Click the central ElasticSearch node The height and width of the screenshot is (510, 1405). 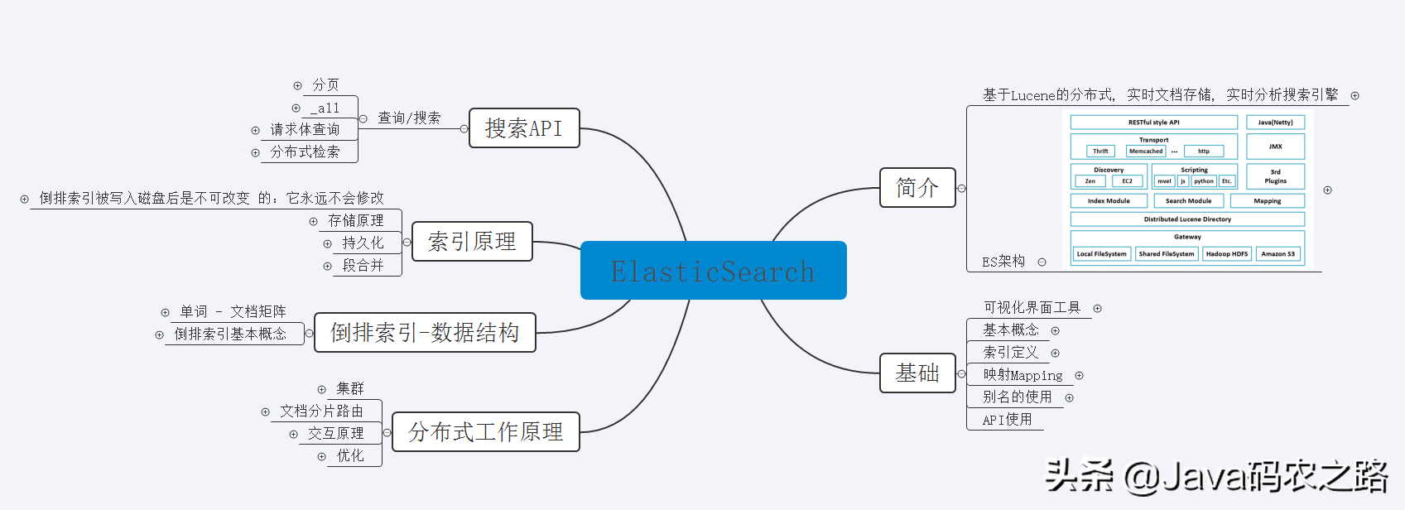[713, 271]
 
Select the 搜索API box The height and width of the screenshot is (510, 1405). [524, 128]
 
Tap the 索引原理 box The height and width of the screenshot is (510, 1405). [472, 242]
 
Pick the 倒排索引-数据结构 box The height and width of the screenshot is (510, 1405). [425, 333]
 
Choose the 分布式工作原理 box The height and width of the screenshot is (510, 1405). [485, 432]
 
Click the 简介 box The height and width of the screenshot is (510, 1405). [917, 188]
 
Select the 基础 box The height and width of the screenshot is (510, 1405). [917, 373]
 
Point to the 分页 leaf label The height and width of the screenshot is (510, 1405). [325, 85]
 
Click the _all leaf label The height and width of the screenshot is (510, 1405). [325, 108]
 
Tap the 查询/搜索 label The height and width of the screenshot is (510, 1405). [409, 118]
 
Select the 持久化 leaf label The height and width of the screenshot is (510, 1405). [363, 243]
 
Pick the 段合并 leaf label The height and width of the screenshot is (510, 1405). [363, 266]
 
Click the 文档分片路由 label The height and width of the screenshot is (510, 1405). [322, 411]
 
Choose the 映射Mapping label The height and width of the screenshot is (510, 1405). [1022, 375]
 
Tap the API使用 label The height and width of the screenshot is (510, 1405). [1007, 420]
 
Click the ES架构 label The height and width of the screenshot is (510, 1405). [1003, 262]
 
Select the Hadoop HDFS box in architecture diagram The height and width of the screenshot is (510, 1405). [1226, 254]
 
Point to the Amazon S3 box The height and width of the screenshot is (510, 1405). [1277, 254]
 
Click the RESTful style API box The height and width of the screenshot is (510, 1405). [1153, 123]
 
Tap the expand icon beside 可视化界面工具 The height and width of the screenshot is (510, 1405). [1097, 309]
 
